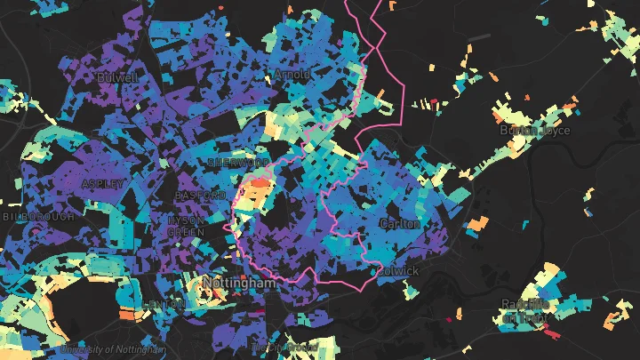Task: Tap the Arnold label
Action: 292,75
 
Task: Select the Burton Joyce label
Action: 534,131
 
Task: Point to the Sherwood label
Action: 237,163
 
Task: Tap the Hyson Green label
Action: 186,226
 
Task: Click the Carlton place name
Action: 399,224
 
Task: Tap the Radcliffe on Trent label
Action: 528,310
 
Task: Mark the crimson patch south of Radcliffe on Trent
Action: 551,333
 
